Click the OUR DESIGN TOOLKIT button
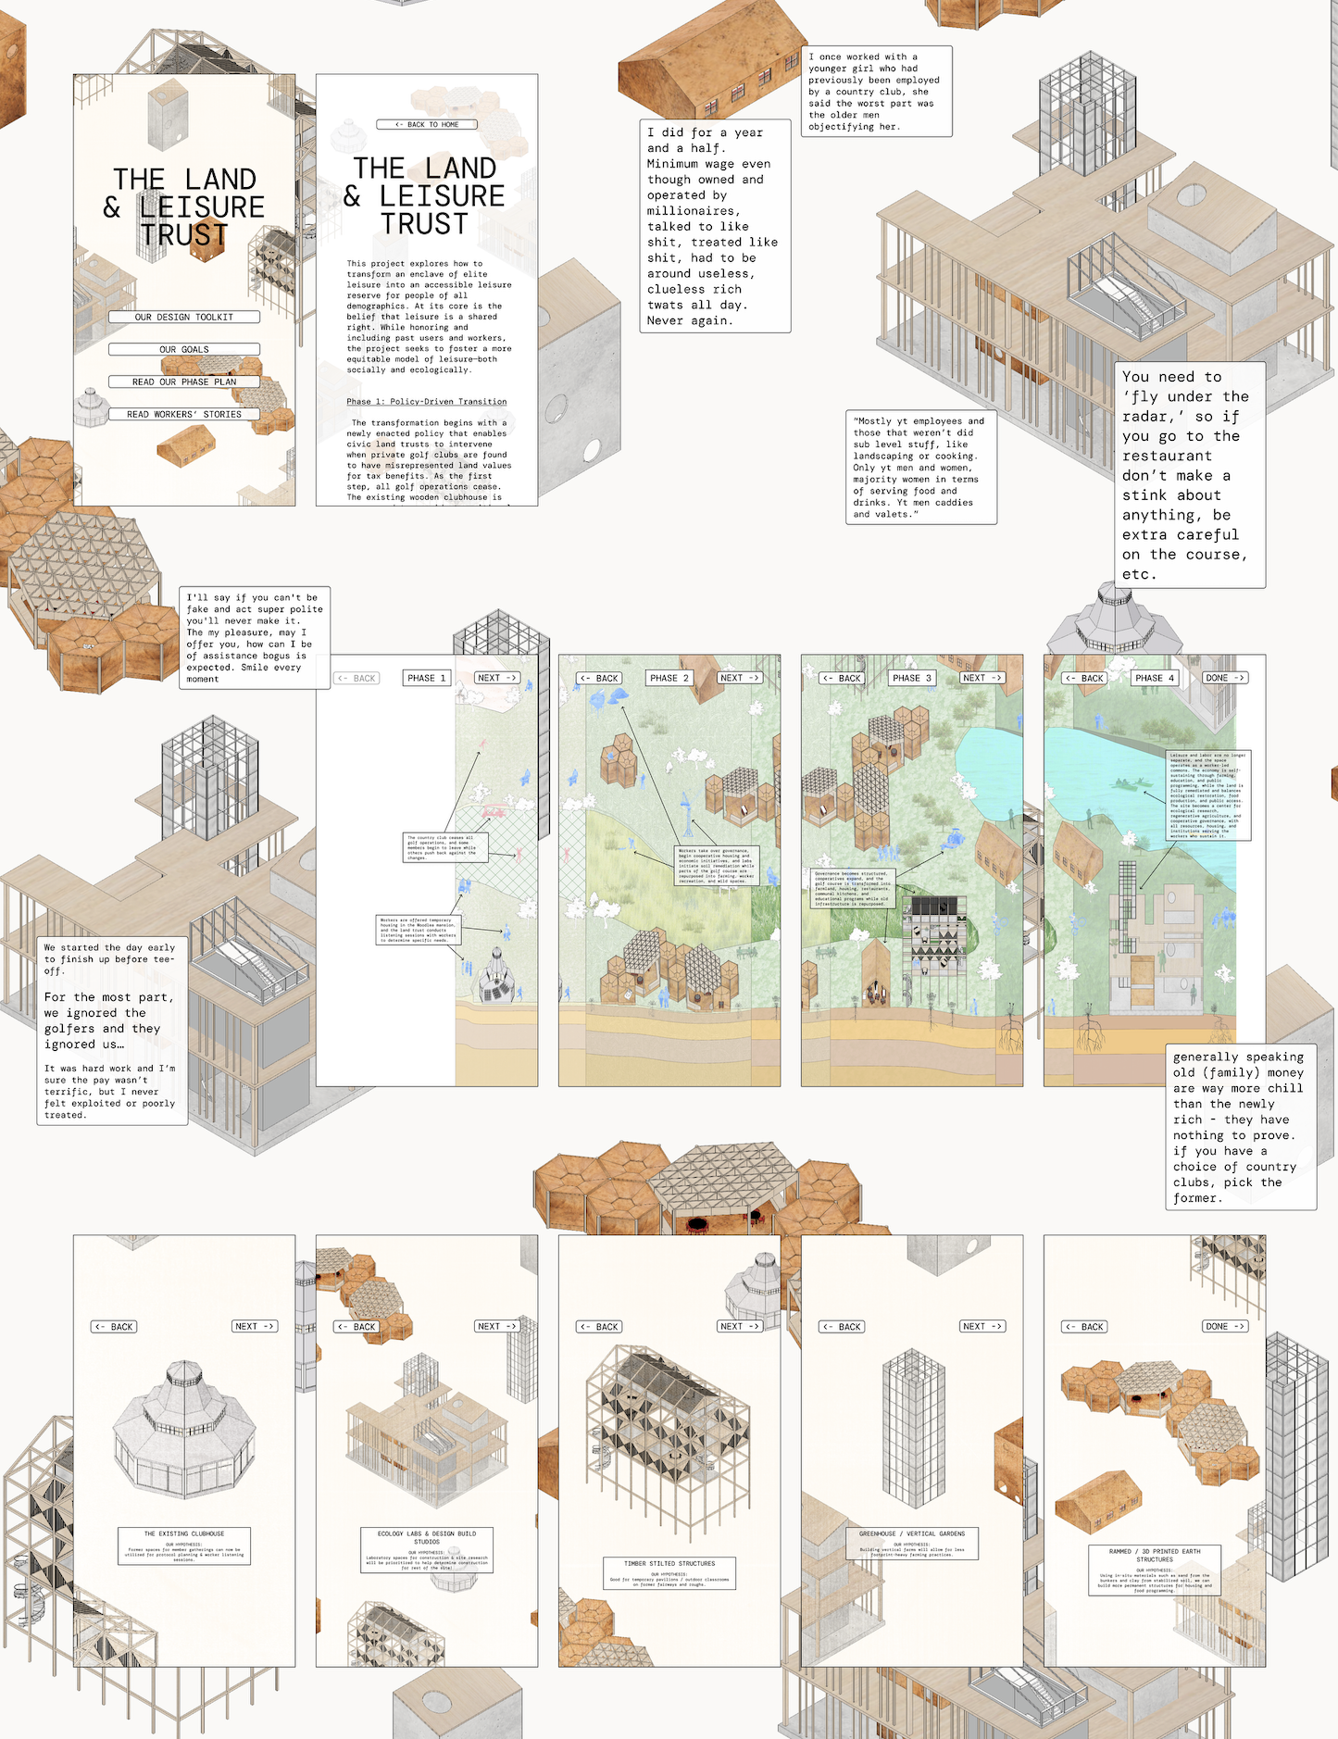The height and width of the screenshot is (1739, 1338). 183,317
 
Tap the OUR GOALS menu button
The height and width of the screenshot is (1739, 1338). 183,349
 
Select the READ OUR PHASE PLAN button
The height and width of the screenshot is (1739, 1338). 183,382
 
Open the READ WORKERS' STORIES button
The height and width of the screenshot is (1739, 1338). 183,414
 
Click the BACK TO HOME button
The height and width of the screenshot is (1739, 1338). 427,124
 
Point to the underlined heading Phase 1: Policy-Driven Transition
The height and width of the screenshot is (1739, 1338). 427,402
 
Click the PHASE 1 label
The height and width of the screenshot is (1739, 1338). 427,678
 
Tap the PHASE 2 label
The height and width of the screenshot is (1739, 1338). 669,678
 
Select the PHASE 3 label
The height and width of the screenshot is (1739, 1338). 911,678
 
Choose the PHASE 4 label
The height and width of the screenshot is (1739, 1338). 1154,678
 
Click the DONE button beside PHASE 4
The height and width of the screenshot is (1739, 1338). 1225,678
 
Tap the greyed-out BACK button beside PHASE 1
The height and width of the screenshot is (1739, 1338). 356,678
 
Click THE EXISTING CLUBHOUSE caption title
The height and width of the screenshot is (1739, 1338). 184,1533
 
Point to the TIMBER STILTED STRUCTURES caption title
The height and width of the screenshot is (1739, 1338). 669,1563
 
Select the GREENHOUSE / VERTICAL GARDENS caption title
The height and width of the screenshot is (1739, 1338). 911,1533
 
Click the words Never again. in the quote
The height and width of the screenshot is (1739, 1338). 690,320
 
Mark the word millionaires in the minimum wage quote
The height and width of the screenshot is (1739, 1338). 693,211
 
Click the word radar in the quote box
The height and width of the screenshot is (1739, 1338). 1145,417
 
